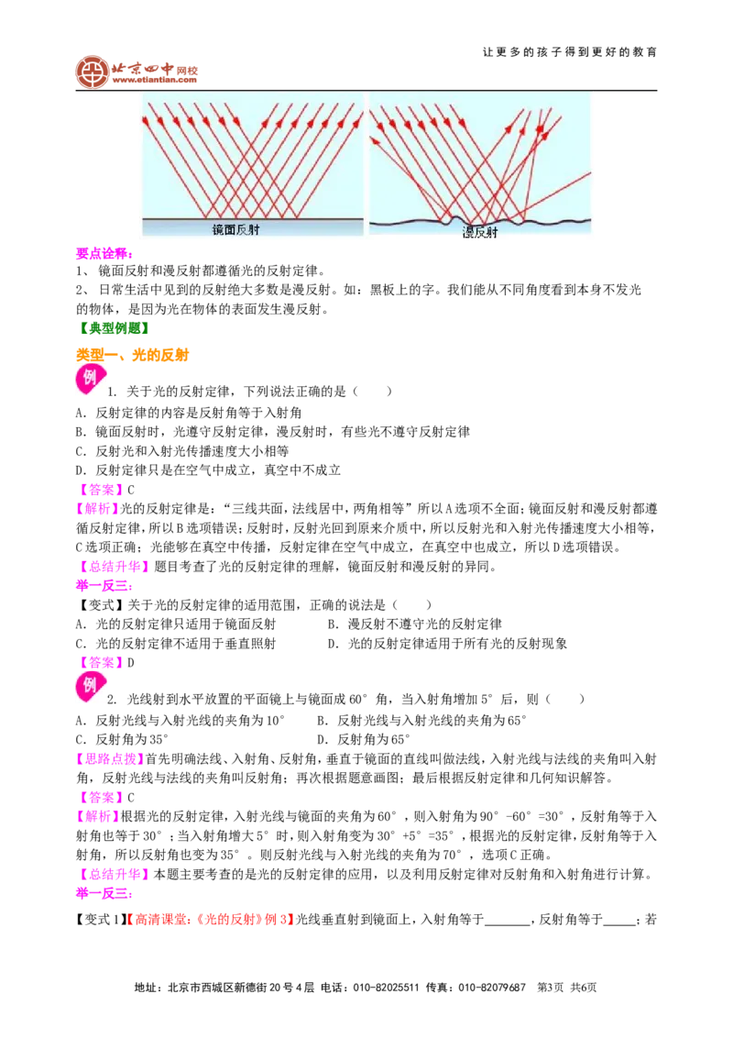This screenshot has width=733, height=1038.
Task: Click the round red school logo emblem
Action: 93,72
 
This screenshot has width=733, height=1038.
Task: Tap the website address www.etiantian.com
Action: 154,80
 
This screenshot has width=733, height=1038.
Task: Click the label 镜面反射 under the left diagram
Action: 235,230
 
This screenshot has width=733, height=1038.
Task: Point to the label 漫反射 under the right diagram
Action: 479,232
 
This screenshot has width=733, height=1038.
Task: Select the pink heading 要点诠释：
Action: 104,253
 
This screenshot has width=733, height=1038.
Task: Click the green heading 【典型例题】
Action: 113,327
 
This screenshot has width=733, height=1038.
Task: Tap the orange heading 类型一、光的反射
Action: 132,355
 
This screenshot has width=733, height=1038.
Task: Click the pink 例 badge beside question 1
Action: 90,379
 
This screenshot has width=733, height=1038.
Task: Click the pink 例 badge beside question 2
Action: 90,687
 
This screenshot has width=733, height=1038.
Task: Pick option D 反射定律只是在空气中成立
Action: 208,470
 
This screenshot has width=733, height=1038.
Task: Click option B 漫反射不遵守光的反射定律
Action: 415,624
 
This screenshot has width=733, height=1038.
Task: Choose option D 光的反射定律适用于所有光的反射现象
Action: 448,644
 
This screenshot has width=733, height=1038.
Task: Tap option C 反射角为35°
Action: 123,739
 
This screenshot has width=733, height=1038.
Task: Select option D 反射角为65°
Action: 364,739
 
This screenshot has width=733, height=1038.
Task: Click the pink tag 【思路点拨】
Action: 111,758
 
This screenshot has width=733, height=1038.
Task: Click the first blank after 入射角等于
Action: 508,922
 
